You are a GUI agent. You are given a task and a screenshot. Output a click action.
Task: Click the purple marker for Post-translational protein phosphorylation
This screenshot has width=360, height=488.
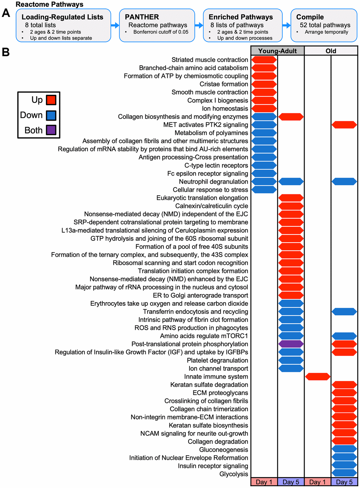coord(291,344)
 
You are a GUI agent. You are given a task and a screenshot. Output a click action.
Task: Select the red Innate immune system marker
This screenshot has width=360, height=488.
coord(318,377)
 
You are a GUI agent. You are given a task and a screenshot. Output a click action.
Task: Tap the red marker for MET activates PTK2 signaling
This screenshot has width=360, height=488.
coord(344,124)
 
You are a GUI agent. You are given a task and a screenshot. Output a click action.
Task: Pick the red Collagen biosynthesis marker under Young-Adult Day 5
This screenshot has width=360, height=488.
coord(291,117)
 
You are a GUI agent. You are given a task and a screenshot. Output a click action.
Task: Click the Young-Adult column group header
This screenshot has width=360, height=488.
coord(277,51)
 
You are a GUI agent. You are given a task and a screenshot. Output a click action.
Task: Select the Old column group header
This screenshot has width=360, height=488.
coord(331,51)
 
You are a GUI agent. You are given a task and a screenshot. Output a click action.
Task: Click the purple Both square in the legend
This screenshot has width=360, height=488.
coord(51,130)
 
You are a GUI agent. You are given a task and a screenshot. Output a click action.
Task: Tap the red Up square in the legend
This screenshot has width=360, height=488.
coord(51,100)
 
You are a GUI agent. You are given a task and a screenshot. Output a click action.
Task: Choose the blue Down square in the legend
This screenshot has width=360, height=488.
coord(51,115)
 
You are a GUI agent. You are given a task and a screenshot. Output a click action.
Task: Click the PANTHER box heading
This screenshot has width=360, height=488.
coord(142,17)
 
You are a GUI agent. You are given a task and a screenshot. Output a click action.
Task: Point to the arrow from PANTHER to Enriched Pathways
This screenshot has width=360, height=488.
coord(199,25)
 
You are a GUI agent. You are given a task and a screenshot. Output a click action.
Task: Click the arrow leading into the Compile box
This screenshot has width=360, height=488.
coord(287,25)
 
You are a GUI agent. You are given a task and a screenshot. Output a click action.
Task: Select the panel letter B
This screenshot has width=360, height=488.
coord(6,52)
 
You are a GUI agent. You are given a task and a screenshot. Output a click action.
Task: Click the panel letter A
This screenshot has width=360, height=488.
coord(6,13)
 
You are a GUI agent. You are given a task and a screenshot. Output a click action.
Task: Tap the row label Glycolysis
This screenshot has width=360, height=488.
coord(234,474)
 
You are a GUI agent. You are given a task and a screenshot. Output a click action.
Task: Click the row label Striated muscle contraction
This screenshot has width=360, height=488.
coord(210,60)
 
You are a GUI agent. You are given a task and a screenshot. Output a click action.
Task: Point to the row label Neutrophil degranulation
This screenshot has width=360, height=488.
coord(213,182)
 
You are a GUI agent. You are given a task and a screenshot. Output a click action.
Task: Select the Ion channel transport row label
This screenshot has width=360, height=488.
coord(218,368)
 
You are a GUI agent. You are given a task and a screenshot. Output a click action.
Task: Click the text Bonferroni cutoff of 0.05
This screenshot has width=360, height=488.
coord(161,32)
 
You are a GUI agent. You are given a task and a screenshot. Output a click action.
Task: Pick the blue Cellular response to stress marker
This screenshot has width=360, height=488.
coord(264,190)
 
